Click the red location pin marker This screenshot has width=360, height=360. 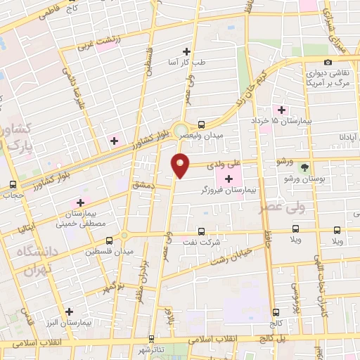tap(181, 165)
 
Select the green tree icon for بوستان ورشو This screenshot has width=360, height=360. tap(304, 168)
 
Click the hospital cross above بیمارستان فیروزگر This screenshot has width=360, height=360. tap(229, 179)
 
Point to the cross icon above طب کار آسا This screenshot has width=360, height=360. tap(186, 51)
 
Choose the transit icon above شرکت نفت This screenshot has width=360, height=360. tap(202, 231)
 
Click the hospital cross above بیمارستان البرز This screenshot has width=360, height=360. tap(69, 311)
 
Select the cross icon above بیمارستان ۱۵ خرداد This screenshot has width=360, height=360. tap(282, 110)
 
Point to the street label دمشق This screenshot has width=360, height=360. tap(143, 182)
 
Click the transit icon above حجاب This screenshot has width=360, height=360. tap(12, 185)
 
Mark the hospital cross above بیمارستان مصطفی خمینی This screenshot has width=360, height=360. tap(81, 202)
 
